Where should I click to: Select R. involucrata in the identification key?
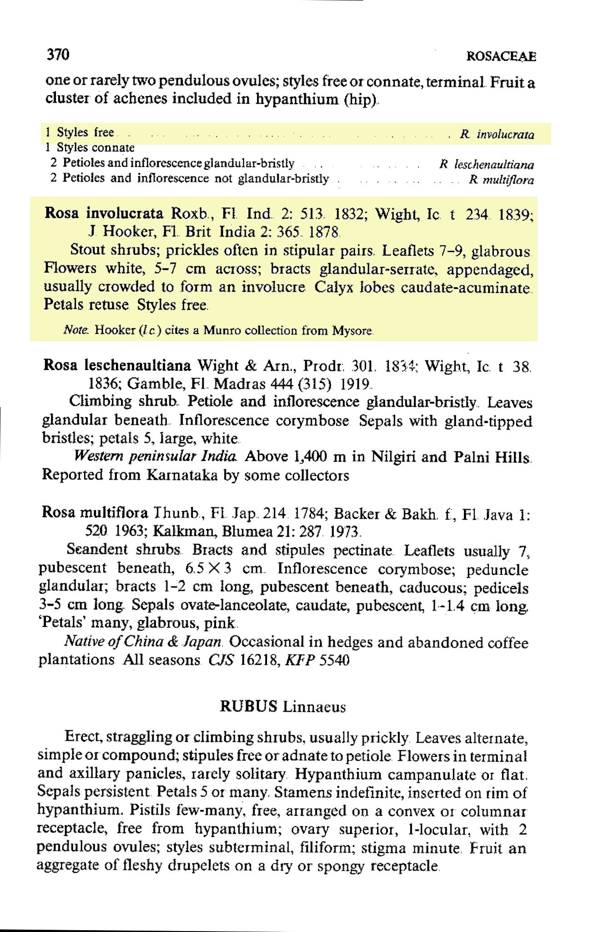497,134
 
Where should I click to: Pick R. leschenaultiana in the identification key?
487,165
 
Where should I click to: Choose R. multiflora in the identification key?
502,180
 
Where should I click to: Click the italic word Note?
71,330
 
